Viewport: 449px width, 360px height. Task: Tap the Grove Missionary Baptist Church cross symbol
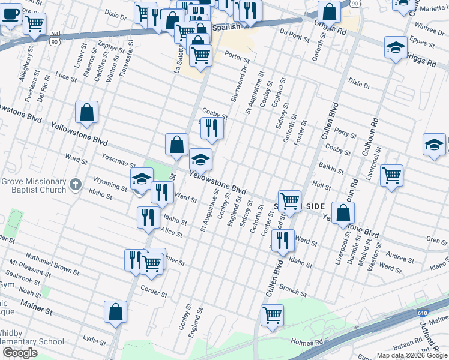click(75, 184)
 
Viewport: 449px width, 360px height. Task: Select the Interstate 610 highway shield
click(423, 313)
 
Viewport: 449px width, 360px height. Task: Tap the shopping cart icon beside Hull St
click(391, 175)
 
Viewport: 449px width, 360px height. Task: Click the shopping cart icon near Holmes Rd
click(272, 314)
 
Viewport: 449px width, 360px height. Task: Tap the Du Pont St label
click(294, 37)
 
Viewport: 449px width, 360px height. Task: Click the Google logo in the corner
click(20, 353)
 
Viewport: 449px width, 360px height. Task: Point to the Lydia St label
click(94, 340)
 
